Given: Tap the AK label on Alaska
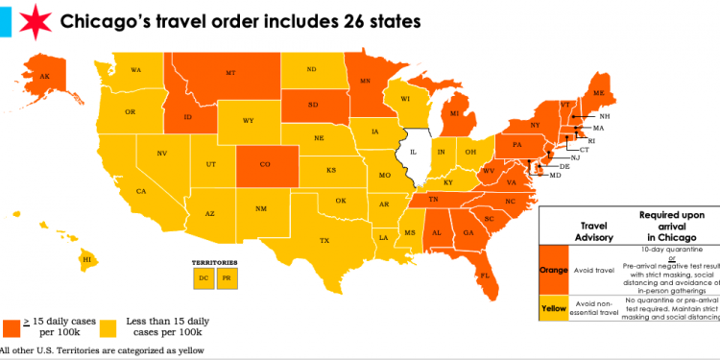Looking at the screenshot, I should [43, 77].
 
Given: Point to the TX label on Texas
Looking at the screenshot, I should [324, 240].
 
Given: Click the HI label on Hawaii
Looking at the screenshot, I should [86, 259].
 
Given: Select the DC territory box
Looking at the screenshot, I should [204, 278].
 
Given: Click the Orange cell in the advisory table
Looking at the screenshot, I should [554, 271].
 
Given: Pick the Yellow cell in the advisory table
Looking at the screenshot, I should [554, 310].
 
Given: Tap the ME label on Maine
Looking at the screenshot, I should [600, 92].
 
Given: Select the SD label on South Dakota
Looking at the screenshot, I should [314, 105].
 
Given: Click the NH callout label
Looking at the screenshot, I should [605, 116].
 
